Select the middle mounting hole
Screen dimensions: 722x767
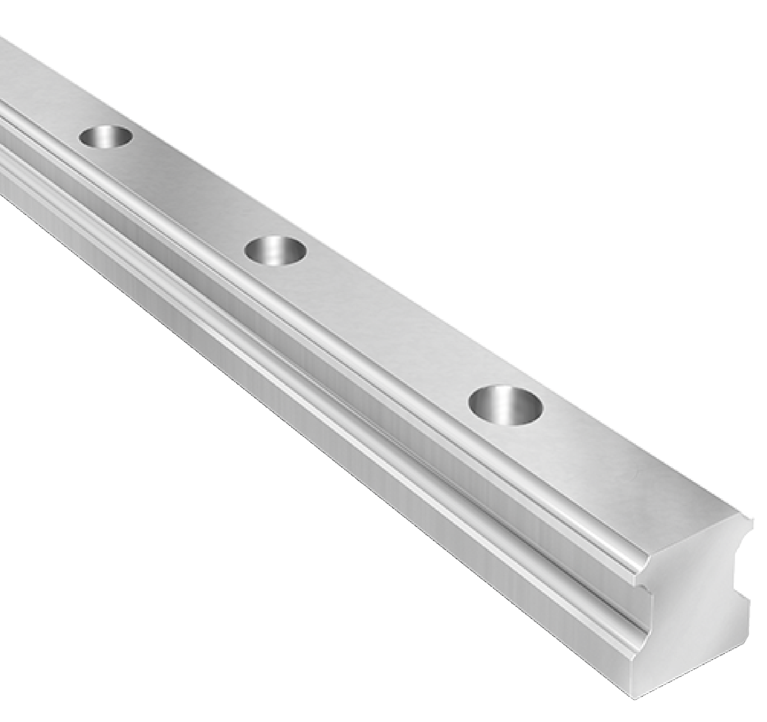tap(276, 249)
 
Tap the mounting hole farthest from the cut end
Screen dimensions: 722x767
tap(106, 136)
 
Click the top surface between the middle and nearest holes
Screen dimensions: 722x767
tap(385, 319)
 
